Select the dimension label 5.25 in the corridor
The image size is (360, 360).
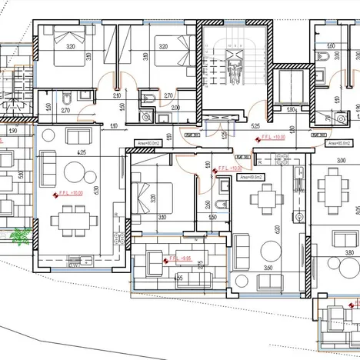[254, 124]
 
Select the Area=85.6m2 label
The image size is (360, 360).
[337, 143]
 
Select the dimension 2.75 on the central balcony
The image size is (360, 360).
[200, 265]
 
